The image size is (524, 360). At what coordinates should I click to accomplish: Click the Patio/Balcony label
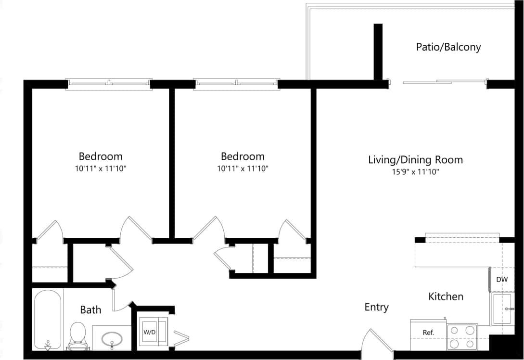tap(448, 47)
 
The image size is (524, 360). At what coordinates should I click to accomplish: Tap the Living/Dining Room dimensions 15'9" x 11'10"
tap(415, 171)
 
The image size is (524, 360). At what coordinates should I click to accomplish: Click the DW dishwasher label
tap(502, 280)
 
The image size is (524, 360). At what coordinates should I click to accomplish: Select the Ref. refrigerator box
tap(428, 333)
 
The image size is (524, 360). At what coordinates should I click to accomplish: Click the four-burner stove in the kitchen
tap(462, 337)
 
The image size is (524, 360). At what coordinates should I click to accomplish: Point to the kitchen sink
tap(503, 309)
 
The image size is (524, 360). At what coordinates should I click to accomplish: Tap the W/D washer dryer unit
tap(149, 332)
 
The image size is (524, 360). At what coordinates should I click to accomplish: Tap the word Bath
tap(90, 309)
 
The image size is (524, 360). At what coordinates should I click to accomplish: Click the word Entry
tap(376, 307)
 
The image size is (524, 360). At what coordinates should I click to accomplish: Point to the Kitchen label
tap(446, 296)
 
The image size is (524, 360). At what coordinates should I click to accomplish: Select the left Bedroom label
tap(100, 156)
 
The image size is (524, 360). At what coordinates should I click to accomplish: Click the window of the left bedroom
tap(109, 84)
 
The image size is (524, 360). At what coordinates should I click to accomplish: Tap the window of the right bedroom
tap(236, 84)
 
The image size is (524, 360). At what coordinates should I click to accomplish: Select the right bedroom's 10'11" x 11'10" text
tap(242, 168)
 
